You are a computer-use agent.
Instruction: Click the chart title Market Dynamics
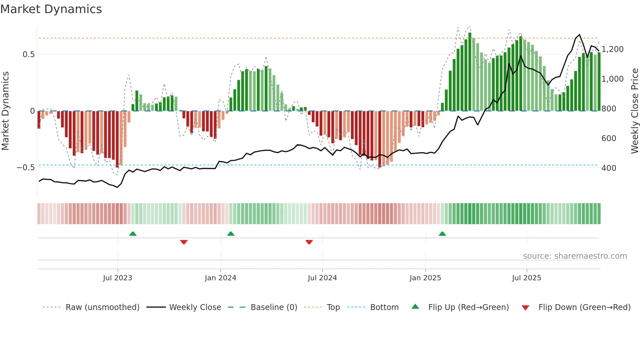51,9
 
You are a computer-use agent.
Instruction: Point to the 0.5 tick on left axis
28,55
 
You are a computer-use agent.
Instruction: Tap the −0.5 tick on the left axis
26,168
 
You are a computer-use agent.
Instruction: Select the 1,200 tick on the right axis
612,49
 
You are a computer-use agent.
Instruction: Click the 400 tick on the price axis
609,168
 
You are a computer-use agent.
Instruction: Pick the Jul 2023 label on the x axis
118,278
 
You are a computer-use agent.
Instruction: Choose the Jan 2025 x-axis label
425,278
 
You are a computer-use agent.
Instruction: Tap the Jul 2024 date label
322,278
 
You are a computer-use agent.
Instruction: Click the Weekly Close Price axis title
634,111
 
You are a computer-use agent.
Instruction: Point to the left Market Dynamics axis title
5,111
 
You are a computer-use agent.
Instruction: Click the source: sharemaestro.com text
575,256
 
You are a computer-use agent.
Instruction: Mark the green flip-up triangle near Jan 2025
442,234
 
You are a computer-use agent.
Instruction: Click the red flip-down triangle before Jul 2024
309,242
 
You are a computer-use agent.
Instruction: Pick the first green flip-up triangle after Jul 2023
133,234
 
